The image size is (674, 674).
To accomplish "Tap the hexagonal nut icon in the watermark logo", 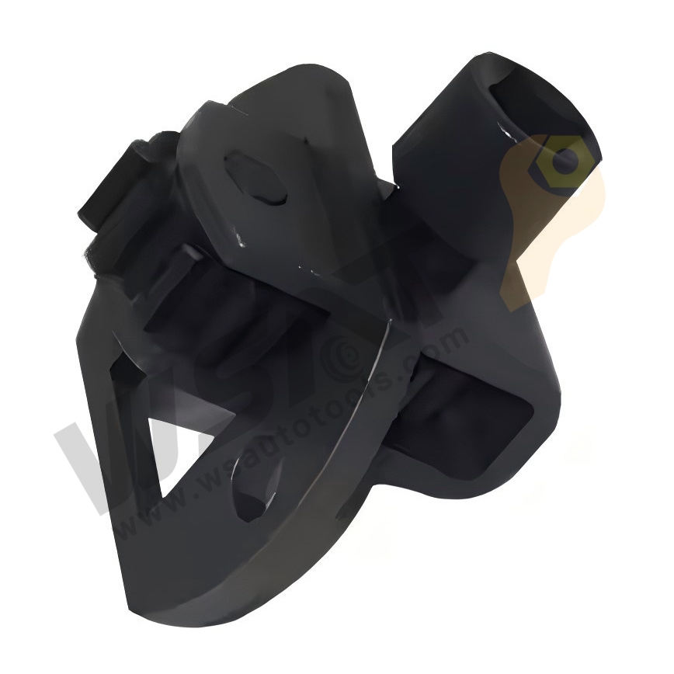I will click(x=567, y=162).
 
